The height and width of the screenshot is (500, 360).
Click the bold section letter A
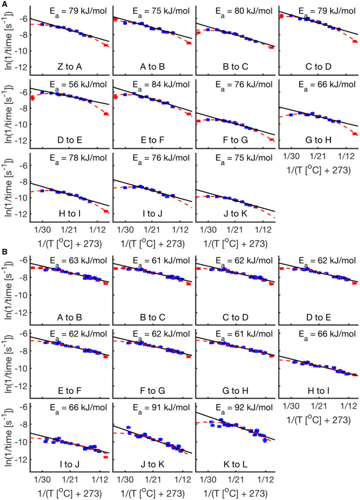tap(4, 3)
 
